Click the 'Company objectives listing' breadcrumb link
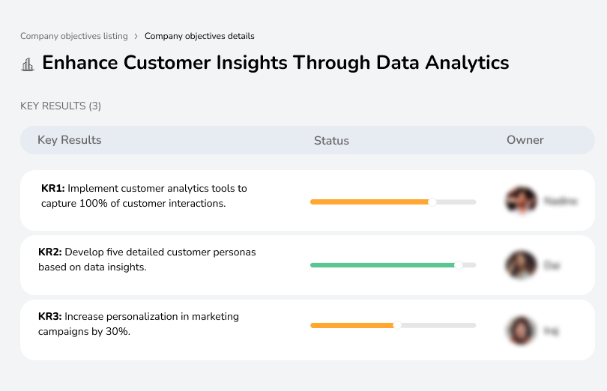pyautogui.click(x=74, y=36)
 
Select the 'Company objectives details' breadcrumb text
pyautogui.click(x=199, y=36)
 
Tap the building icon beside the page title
pyautogui.click(x=28, y=64)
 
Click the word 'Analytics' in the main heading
pyautogui.click(x=467, y=62)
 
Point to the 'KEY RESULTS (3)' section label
pyautogui.click(x=61, y=106)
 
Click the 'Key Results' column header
pyautogui.click(x=69, y=140)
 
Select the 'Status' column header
pyautogui.click(x=331, y=141)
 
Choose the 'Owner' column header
pyautogui.click(x=525, y=140)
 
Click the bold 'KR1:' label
pyautogui.click(x=53, y=189)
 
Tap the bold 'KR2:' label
pyautogui.click(x=50, y=252)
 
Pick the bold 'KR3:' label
pyautogui.click(x=50, y=317)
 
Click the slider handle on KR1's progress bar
pyautogui.click(x=432, y=201)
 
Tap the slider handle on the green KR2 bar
pyautogui.click(x=459, y=264)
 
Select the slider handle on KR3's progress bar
pyautogui.click(x=397, y=325)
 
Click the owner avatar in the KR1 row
pyautogui.click(x=521, y=201)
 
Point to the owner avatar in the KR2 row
pyautogui.click(x=521, y=265)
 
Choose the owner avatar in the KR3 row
pyautogui.click(x=521, y=330)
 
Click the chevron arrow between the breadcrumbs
pyautogui.click(x=136, y=36)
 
